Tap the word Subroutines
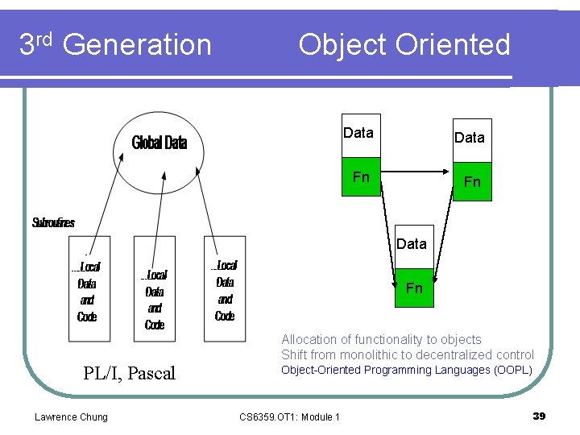[53, 222]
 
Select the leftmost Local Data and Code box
[89, 289]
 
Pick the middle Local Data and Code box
[155, 289]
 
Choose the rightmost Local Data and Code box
[225, 289]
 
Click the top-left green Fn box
[362, 176]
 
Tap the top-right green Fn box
[472, 182]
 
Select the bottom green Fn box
[414, 288]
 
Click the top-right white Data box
[470, 139]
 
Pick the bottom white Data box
[412, 244]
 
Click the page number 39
[539, 416]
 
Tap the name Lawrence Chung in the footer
[71, 416]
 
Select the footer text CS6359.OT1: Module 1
[290, 416]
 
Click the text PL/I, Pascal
[129, 373]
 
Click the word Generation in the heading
[137, 45]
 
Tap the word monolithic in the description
[374, 355]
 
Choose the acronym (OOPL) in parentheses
[513, 370]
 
